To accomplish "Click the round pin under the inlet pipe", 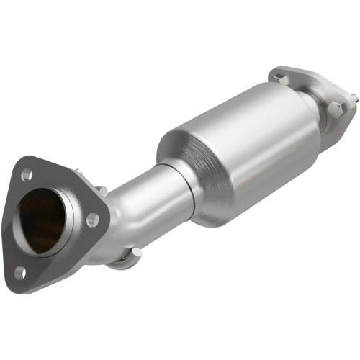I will (135, 251).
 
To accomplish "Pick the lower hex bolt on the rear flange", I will (335, 110).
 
